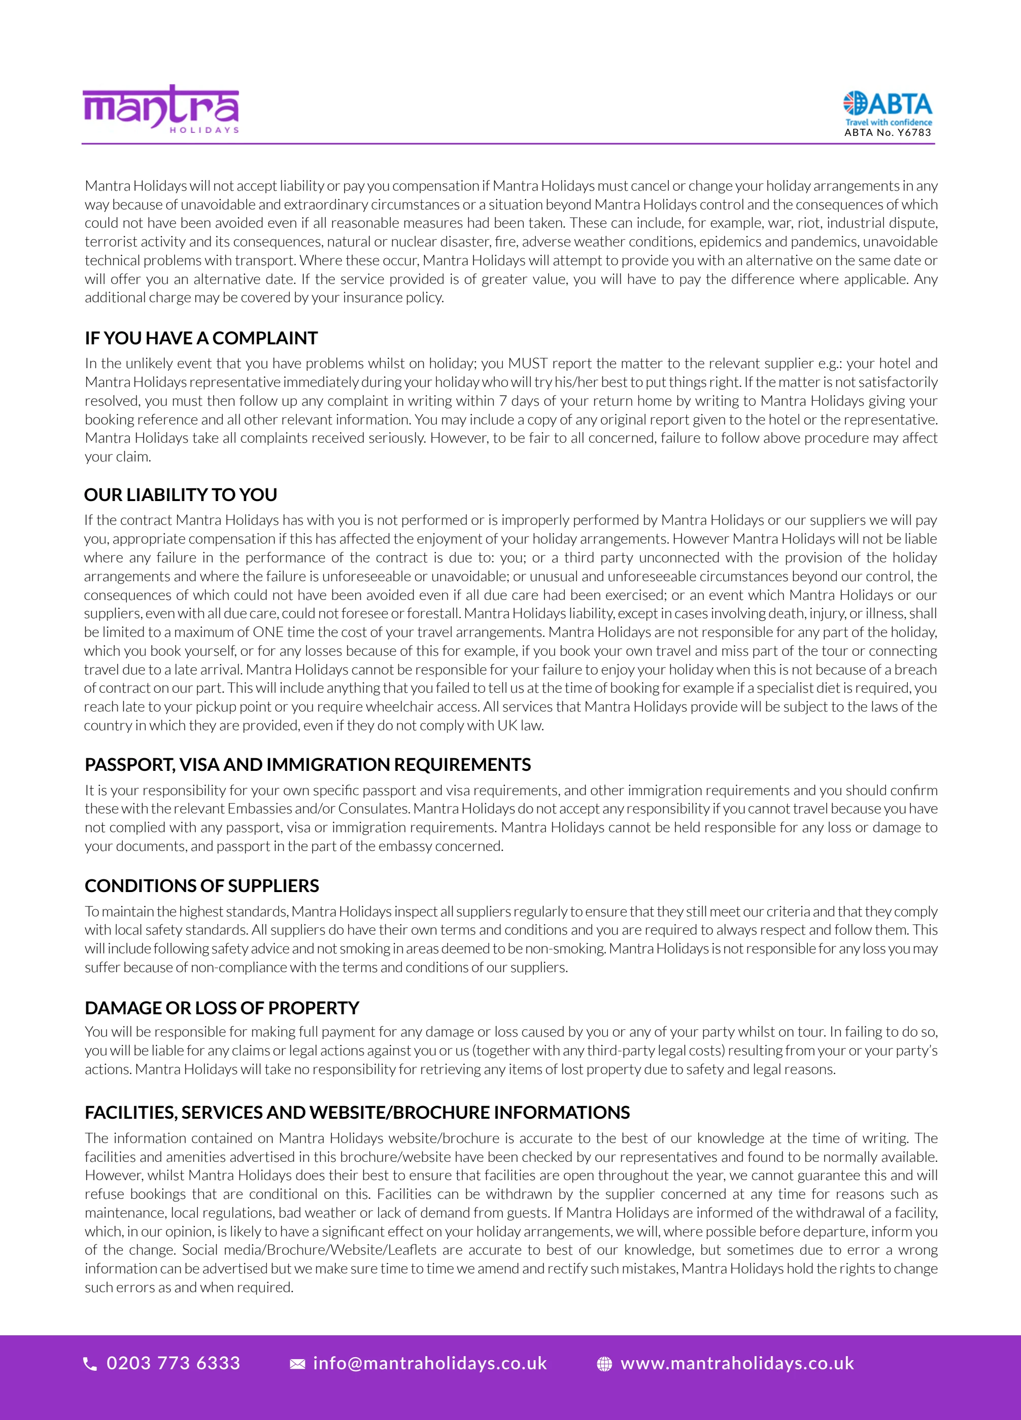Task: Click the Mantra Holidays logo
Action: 161,109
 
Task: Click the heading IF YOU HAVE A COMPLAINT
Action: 201,338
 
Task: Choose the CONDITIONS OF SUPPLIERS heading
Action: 201,885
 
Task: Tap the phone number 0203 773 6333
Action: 174,1363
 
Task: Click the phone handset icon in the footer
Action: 90,1364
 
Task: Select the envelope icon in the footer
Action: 297,1364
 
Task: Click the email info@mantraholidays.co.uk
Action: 430,1363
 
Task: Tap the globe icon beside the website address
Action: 604,1364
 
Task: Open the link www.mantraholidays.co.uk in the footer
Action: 737,1363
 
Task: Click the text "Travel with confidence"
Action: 888,122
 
